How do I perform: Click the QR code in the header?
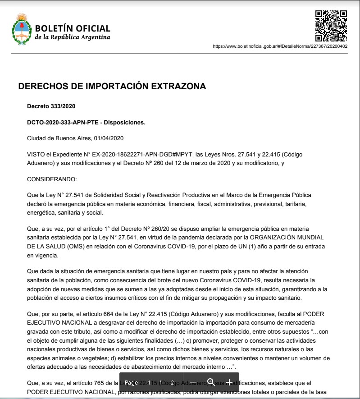pos(331,26)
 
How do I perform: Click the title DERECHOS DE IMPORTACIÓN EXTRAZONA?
pos(112,87)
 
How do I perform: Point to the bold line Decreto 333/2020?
pos(51,106)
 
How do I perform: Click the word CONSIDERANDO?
pos(52,179)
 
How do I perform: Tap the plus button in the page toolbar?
pos(229,382)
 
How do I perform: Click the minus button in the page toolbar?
pos(192,382)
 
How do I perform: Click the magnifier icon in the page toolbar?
pos(210,382)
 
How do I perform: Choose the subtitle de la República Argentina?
pos(72,37)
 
